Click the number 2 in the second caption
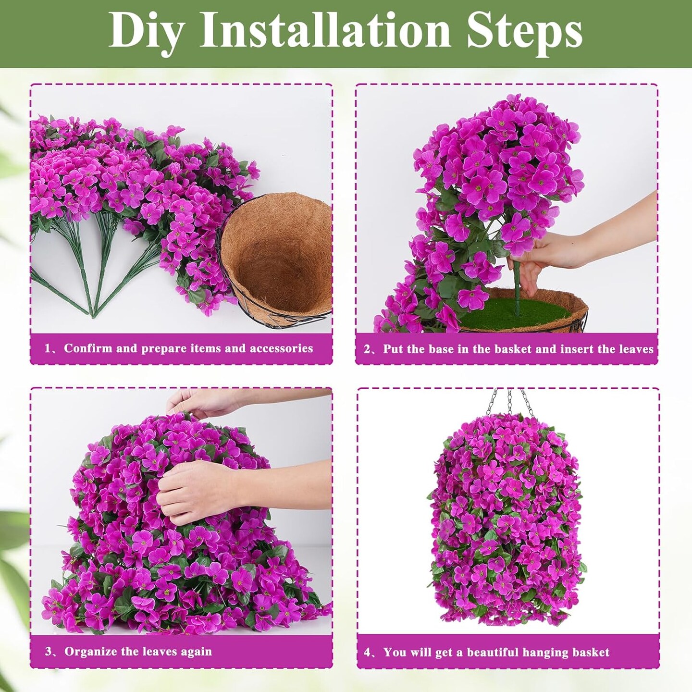click(367, 349)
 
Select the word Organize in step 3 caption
click(91, 652)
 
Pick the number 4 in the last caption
click(368, 653)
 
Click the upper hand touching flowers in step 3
click(202, 401)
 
